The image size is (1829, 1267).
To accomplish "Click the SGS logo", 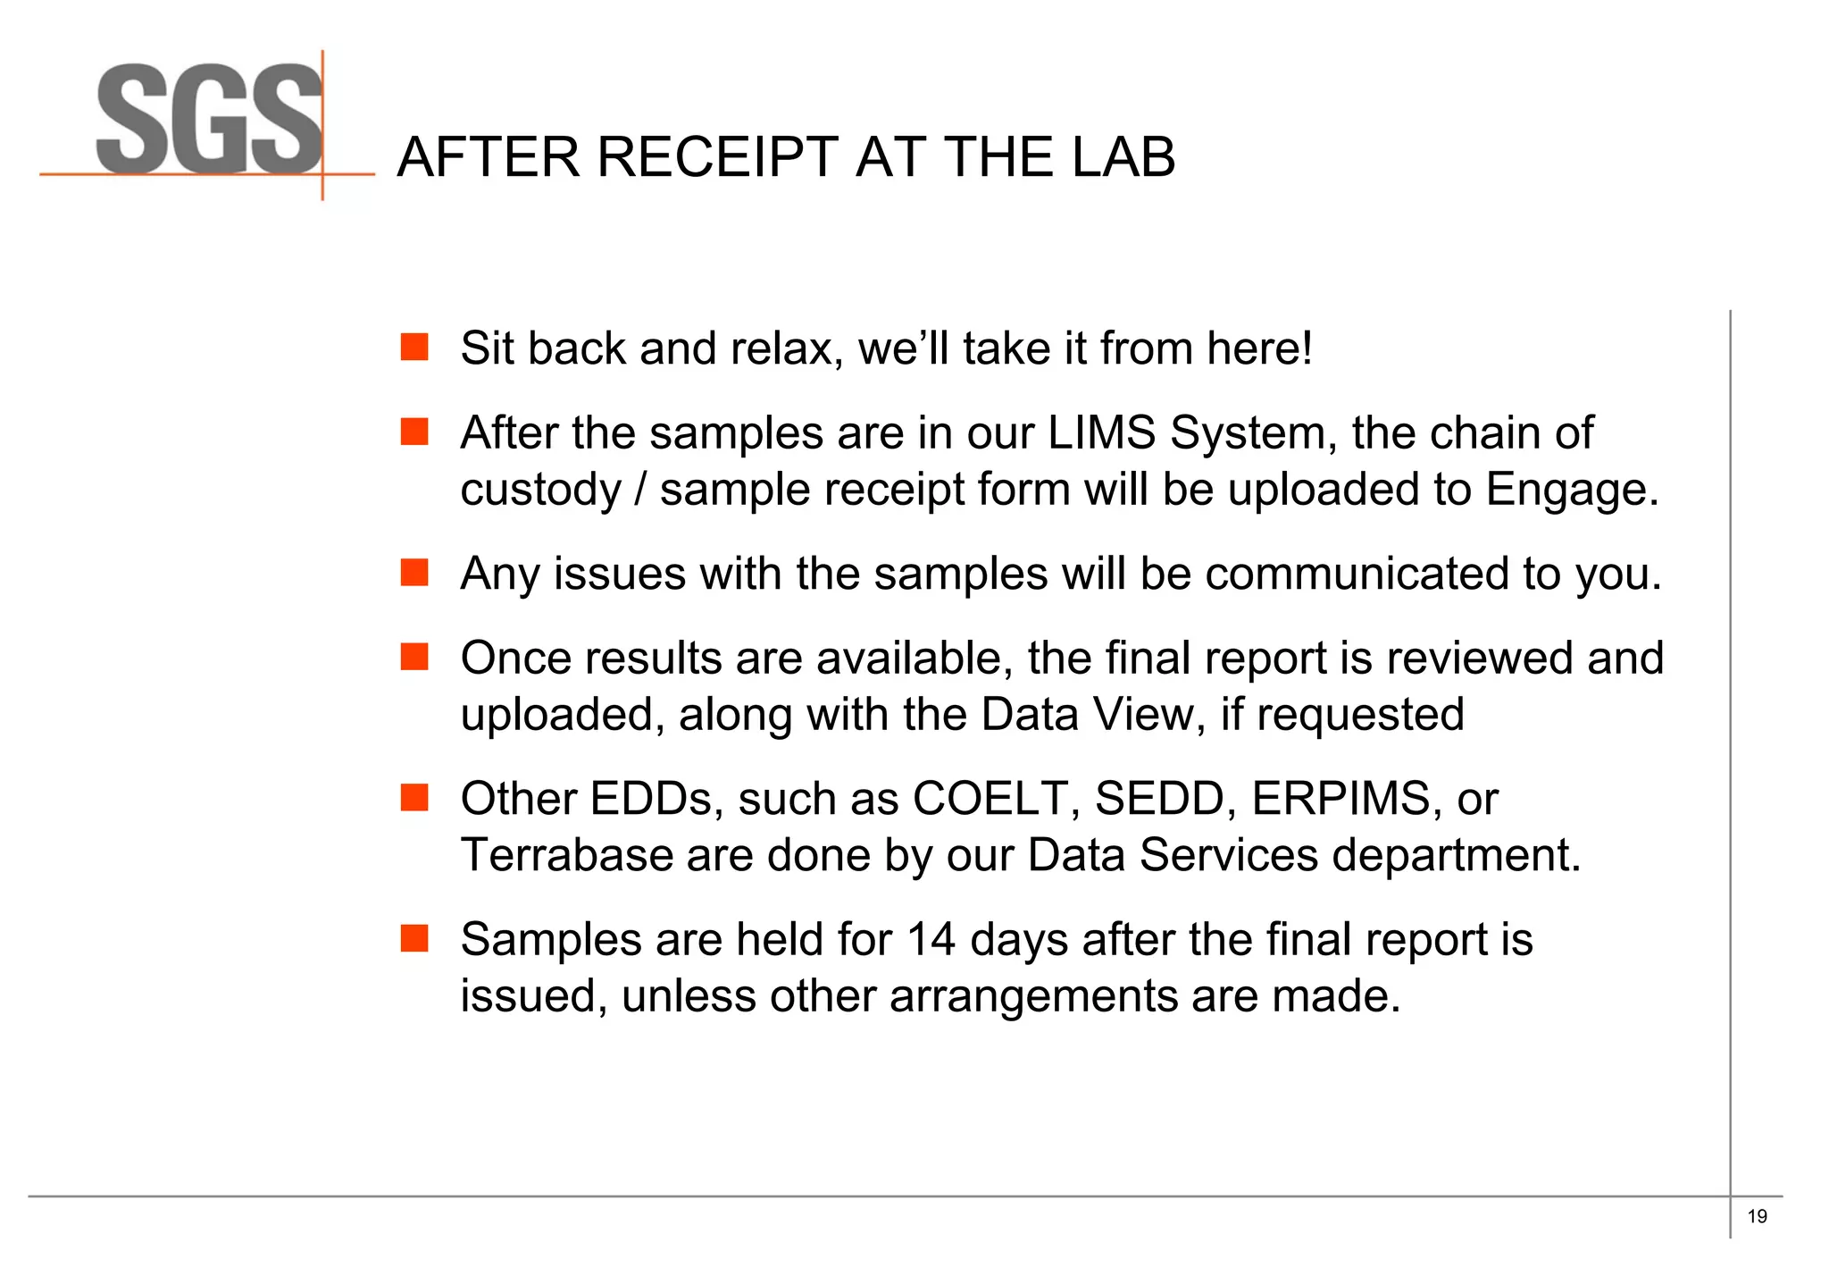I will (208, 121).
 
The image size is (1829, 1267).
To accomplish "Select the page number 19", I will (1757, 1216).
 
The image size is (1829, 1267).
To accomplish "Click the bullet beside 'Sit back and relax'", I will (414, 347).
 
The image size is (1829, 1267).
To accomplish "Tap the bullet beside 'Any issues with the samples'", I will (414, 572).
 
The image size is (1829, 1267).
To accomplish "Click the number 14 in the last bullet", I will (931, 940).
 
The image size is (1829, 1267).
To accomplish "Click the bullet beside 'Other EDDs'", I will (414, 797).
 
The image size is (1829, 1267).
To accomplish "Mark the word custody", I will (539, 491).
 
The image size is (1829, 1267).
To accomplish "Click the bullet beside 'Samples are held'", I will (414, 938).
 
